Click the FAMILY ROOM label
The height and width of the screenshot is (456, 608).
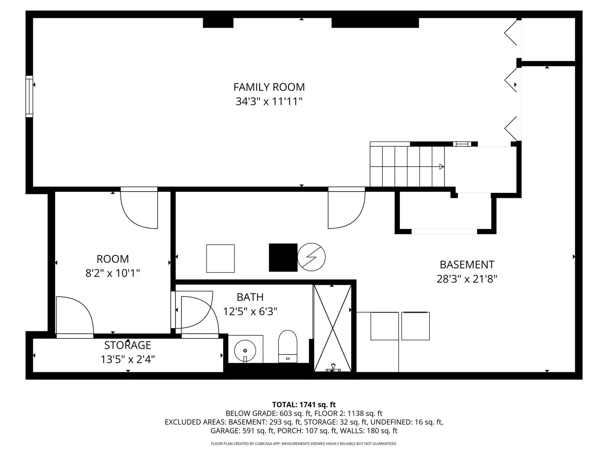tap(269, 87)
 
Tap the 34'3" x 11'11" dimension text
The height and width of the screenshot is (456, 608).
tap(269, 101)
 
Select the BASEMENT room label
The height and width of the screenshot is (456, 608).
tap(467, 265)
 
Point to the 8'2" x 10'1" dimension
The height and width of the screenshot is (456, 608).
tap(112, 273)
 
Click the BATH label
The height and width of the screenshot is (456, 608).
tap(250, 297)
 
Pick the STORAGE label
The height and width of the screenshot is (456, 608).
tap(127, 345)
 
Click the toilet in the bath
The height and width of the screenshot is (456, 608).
tap(288, 346)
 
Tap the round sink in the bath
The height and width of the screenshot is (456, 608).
tap(245, 350)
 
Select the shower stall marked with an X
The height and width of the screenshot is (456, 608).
tap(332, 328)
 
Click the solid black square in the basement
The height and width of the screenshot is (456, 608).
tap(283, 258)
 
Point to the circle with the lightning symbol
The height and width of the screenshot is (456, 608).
tap(311, 257)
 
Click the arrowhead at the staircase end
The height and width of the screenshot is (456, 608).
tap(442, 167)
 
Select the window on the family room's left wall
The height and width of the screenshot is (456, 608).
tap(29, 97)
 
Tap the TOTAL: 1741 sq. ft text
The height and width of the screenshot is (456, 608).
tap(304, 405)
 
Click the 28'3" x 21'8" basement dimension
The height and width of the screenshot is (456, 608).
tap(467, 279)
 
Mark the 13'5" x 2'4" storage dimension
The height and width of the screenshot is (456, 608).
tap(127, 359)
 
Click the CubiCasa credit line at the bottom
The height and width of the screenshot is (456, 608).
tap(304, 444)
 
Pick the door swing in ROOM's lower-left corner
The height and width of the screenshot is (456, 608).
tap(75, 315)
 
